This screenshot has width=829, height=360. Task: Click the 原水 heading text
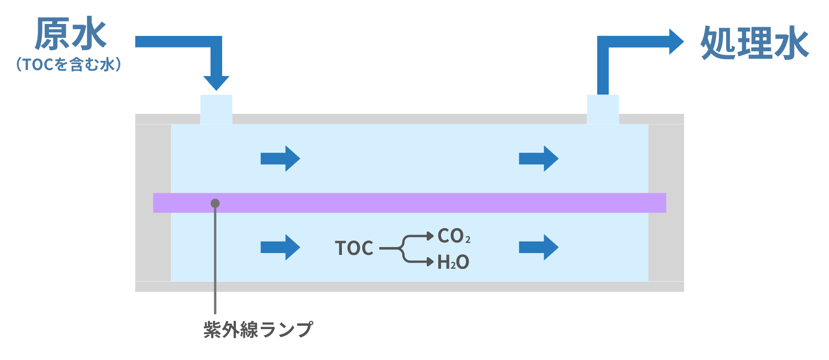click(71, 34)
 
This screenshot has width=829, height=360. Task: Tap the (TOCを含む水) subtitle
click(69, 64)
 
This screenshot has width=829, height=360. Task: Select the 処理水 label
click(754, 43)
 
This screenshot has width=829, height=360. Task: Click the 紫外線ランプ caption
click(258, 330)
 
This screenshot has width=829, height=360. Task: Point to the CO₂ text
click(454, 236)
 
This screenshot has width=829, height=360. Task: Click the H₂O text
click(453, 262)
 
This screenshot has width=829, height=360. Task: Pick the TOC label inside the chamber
click(354, 248)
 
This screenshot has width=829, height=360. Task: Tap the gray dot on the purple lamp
click(215, 203)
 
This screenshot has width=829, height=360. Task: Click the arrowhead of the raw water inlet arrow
click(216, 83)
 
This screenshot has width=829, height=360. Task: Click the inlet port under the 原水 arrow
click(216, 109)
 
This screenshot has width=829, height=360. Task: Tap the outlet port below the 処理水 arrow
click(603, 109)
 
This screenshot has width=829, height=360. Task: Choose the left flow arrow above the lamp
click(280, 159)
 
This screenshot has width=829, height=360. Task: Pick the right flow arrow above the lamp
click(539, 159)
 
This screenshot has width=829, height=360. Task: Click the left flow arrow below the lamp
click(280, 248)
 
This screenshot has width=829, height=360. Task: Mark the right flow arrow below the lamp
click(539, 248)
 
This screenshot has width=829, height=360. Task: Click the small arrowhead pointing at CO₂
click(430, 236)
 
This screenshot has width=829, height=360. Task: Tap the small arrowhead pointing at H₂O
click(430, 262)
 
